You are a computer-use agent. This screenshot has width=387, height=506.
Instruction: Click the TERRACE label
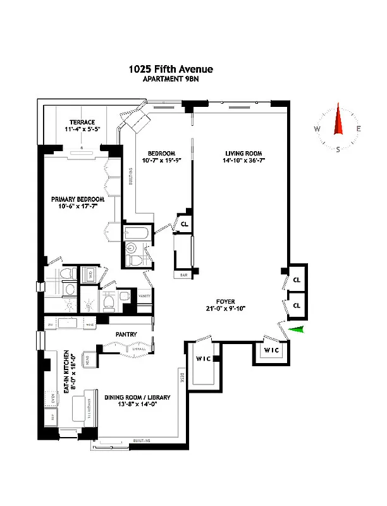pyautogui.click(x=82, y=122)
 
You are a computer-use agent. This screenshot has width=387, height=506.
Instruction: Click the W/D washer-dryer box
pyautogui.click(x=89, y=274)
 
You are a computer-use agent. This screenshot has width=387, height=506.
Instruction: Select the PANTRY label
pyautogui.click(x=126, y=333)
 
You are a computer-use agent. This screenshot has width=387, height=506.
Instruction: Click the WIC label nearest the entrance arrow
pyautogui.click(x=271, y=350)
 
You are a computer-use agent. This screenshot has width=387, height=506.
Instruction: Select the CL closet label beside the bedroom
pyautogui.click(x=185, y=224)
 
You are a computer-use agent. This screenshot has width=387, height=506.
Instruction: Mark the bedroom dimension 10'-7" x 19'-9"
pyautogui.click(x=161, y=162)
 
